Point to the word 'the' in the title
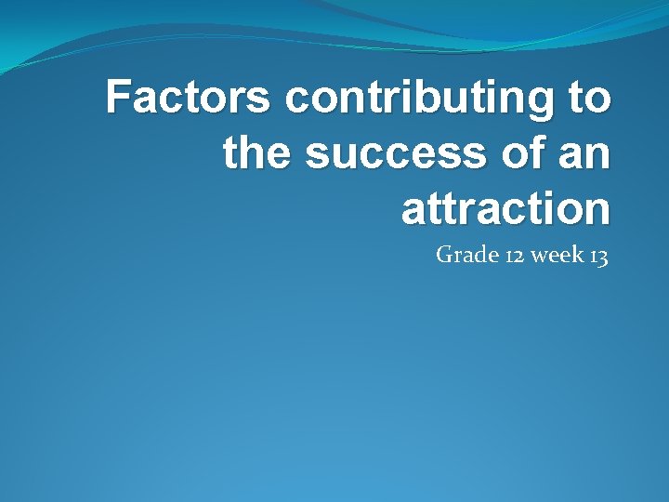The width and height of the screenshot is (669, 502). (x=257, y=152)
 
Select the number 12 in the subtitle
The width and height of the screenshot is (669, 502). (x=515, y=255)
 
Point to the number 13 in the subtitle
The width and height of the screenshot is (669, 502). (x=598, y=255)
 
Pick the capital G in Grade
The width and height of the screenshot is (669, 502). (x=444, y=254)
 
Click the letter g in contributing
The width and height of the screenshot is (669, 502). (x=538, y=102)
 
